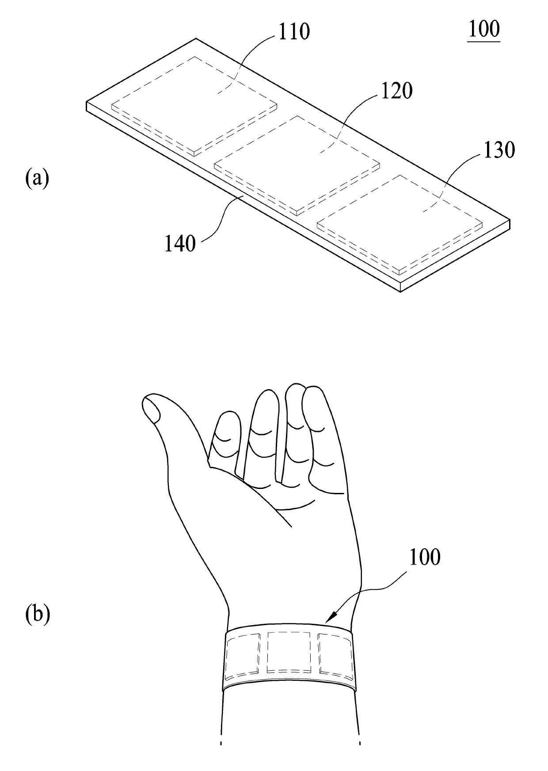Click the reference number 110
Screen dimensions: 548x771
(x=294, y=32)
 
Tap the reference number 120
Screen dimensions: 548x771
(x=396, y=91)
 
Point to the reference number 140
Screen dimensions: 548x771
(x=180, y=244)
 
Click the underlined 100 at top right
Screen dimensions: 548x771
(x=484, y=30)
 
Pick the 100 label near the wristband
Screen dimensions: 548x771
(x=425, y=557)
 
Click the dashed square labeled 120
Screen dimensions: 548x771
(x=297, y=164)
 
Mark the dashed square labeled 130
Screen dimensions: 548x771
(x=400, y=224)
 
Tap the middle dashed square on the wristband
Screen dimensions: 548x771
(x=289, y=652)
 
